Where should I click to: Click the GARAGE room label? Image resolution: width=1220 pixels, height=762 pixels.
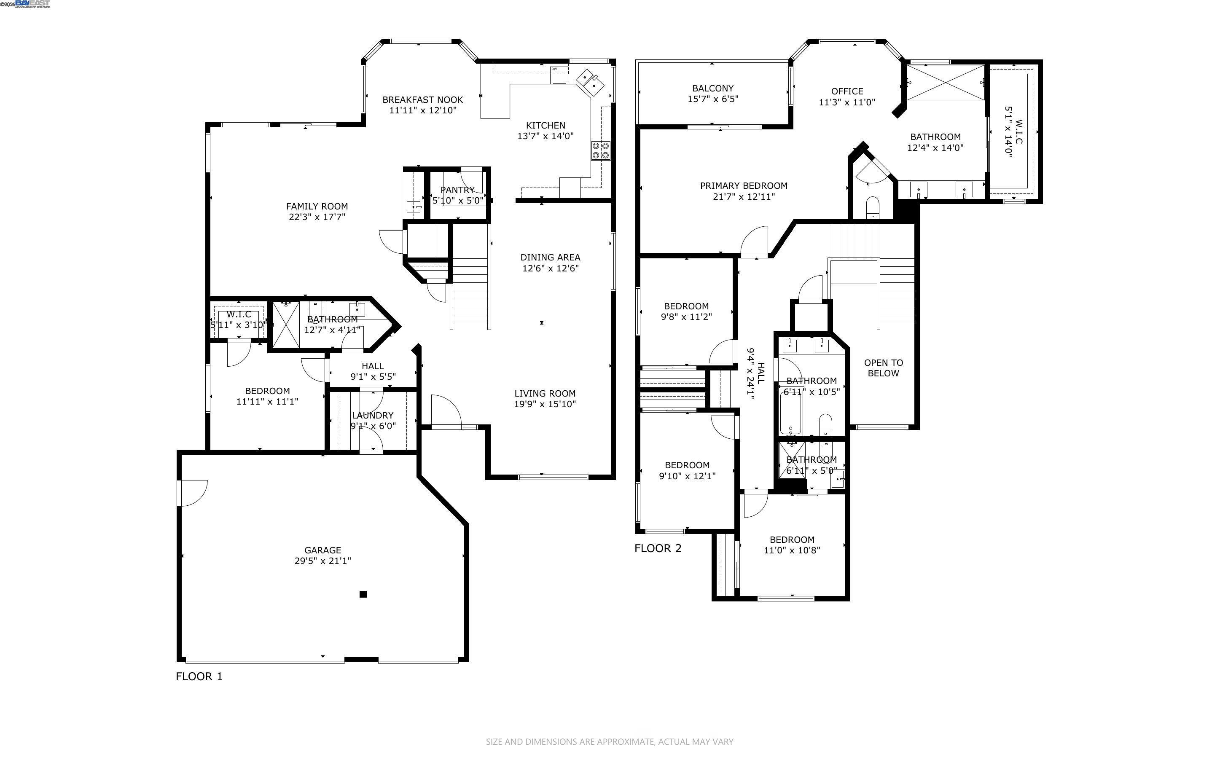tap(322, 550)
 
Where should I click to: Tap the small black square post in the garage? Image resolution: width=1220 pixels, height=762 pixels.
tap(363, 594)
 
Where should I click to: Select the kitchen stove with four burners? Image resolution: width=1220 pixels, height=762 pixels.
tap(601, 150)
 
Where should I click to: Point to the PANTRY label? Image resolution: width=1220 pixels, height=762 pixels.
tap(457, 190)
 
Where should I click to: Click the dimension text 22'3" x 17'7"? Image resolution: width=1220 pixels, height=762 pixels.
tap(317, 217)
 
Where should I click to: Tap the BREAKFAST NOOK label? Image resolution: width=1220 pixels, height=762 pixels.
tap(422, 100)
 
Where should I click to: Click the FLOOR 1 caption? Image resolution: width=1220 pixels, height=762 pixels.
tap(199, 676)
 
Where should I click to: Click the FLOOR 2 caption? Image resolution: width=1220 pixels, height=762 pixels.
tap(658, 548)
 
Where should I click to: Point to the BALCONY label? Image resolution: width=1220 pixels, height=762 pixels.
tap(712, 88)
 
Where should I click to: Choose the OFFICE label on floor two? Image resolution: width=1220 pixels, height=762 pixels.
tap(846, 91)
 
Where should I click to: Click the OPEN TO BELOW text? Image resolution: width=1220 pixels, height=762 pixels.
tap(883, 368)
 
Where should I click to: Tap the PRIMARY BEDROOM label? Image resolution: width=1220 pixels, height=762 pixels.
tap(743, 185)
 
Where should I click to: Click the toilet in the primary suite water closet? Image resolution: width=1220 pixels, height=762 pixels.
tap(873, 207)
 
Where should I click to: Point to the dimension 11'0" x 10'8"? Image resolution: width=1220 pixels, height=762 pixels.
tap(792, 550)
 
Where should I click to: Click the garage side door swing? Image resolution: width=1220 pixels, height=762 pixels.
tap(193, 492)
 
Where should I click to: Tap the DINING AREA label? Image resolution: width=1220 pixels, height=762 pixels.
tap(550, 258)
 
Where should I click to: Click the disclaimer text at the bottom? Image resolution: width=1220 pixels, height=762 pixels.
tap(609, 742)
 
